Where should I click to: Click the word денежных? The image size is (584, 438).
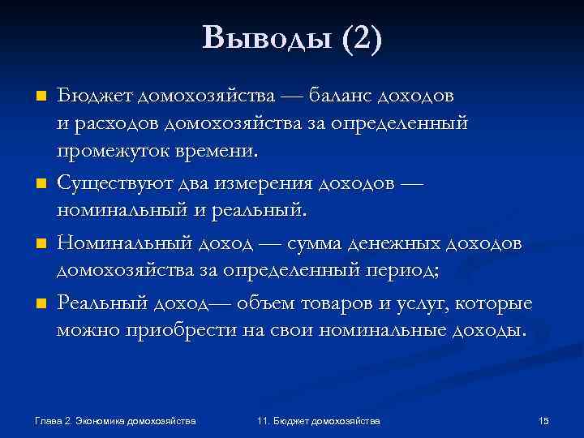point(398,244)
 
